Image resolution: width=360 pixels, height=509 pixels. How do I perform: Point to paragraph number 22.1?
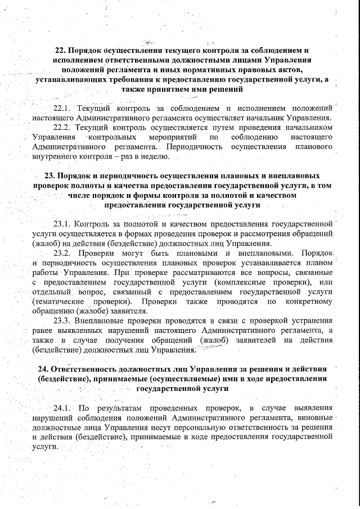point(61,107)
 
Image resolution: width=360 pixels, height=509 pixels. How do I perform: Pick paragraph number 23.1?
point(61,223)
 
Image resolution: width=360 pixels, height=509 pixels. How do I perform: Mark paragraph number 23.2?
point(61,254)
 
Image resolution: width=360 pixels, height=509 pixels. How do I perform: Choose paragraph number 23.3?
point(61,320)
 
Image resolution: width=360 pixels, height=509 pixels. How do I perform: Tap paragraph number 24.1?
point(61,407)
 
